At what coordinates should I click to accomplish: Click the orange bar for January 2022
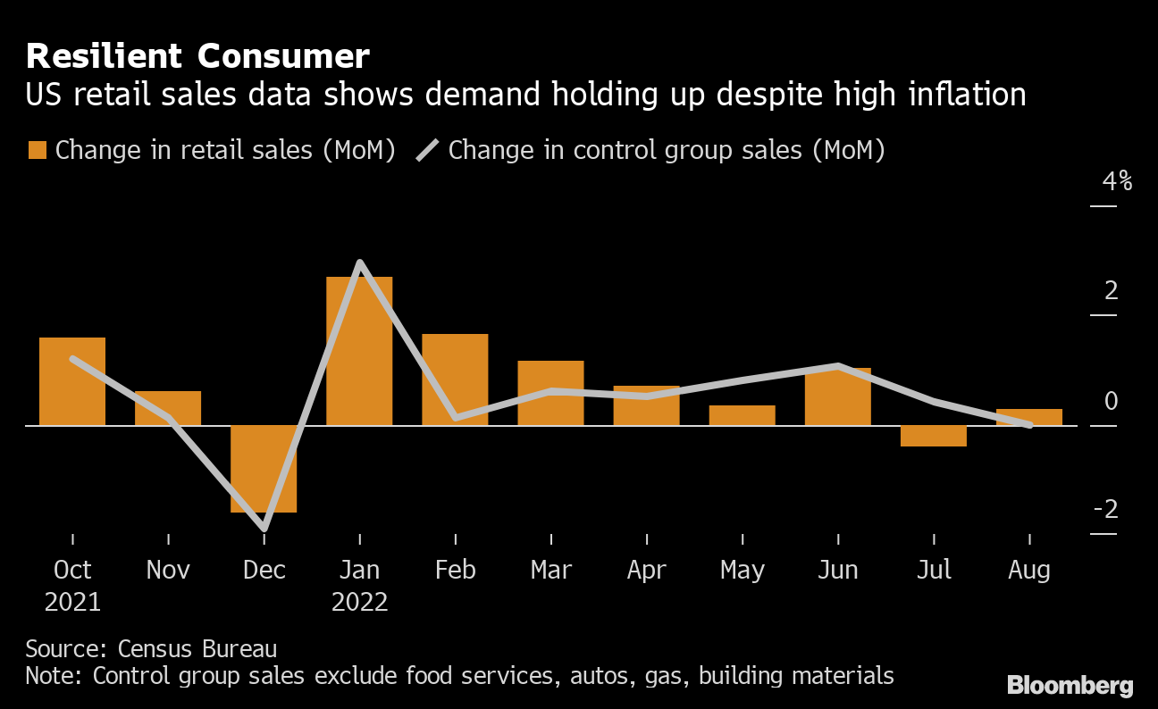coord(359,351)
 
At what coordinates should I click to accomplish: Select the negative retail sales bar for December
coord(264,468)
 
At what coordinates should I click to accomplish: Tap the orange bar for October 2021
coord(72,381)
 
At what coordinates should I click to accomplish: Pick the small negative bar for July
coord(934,435)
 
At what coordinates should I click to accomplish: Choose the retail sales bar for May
coord(743,415)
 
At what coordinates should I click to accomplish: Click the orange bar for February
coord(455,380)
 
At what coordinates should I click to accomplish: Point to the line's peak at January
coord(359,263)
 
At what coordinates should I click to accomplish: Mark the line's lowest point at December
coord(264,528)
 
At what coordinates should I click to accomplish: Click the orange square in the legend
coord(37,150)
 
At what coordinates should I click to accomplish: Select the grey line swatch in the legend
coord(428,150)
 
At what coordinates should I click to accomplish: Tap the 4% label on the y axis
coord(1117,182)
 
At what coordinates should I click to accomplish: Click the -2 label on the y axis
coord(1106,510)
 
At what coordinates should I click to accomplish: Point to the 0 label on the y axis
coord(1111,401)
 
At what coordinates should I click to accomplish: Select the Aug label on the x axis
coord(1029,571)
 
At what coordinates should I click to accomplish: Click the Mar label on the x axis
coord(550,571)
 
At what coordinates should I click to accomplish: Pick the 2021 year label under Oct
coord(72,602)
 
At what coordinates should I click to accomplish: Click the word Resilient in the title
coord(105,56)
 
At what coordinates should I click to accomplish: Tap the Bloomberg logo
coord(1070,686)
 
